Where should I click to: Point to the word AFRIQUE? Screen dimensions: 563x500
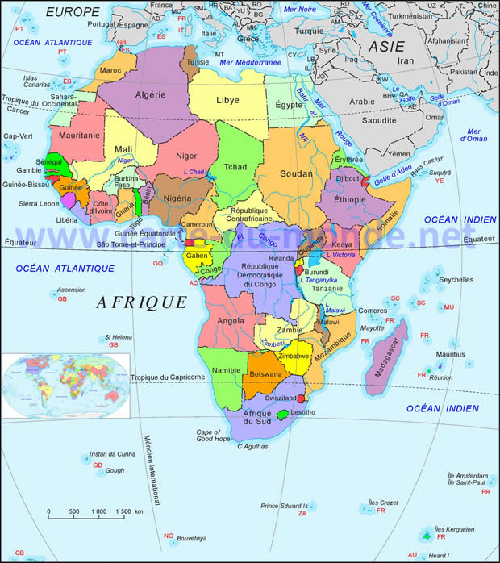click(x=142, y=302)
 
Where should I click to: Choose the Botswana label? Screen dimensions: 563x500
click(x=266, y=375)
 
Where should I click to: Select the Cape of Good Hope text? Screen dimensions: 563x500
click(x=215, y=436)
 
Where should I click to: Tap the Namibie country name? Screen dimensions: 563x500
click(x=226, y=369)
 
